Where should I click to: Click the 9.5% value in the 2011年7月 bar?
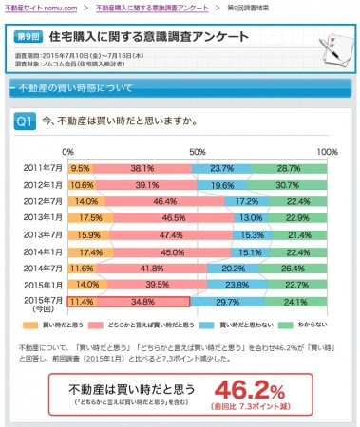tap(80, 166)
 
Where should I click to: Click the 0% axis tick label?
tap(67, 151)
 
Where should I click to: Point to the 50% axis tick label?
tap(197, 151)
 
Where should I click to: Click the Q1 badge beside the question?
tap(27, 121)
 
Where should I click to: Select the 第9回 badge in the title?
tap(29, 36)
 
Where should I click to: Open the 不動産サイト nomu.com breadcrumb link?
tap(42, 7)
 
